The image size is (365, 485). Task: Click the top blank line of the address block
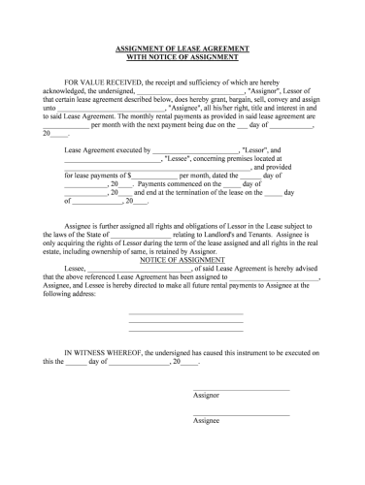pyautogui.click(x=185, y=312)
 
